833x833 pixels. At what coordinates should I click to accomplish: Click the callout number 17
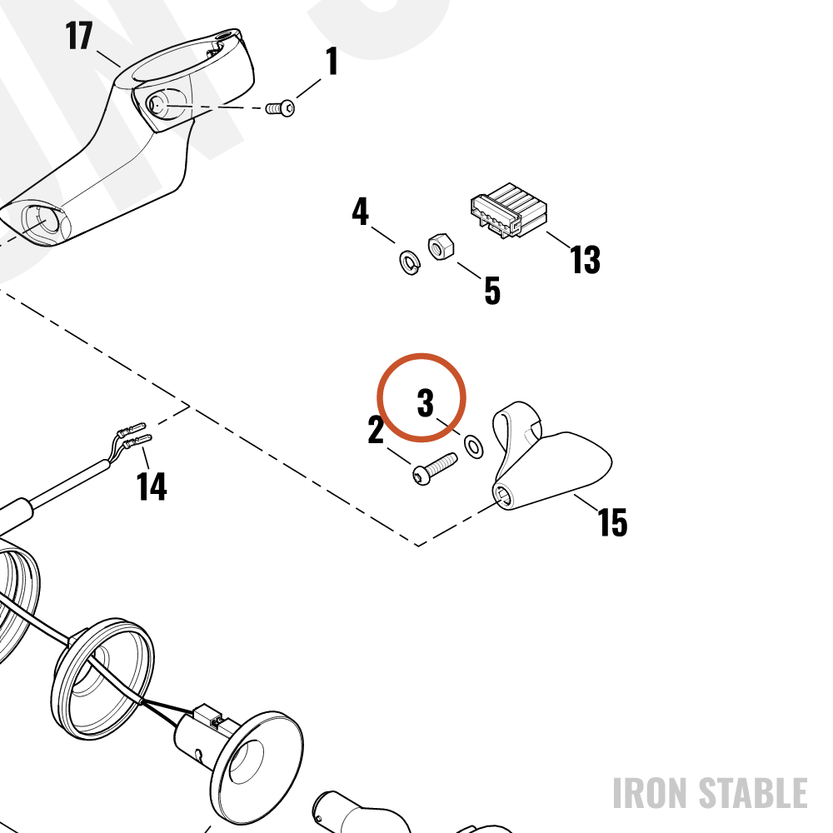79,36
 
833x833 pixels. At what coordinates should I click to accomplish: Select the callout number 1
332,61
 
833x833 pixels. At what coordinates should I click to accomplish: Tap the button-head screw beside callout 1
280,108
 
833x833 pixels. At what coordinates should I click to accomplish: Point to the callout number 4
360,212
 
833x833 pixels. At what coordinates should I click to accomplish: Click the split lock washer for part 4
410,262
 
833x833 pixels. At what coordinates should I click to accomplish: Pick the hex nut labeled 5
441,247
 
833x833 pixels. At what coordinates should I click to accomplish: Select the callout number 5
492,291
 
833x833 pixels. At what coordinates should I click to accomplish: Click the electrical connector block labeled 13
508,211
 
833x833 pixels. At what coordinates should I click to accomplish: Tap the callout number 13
585,259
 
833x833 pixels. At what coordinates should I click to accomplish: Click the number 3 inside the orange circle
425,402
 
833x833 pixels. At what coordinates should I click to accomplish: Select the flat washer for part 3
473,446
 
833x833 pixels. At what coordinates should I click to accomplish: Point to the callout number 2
376,430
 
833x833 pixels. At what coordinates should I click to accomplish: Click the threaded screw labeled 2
435,468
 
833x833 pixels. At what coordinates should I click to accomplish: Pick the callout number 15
612,521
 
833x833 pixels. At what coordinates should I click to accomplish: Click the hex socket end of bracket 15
502,496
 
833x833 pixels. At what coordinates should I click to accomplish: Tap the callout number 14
152,486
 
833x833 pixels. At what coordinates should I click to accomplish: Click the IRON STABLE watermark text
711,793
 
